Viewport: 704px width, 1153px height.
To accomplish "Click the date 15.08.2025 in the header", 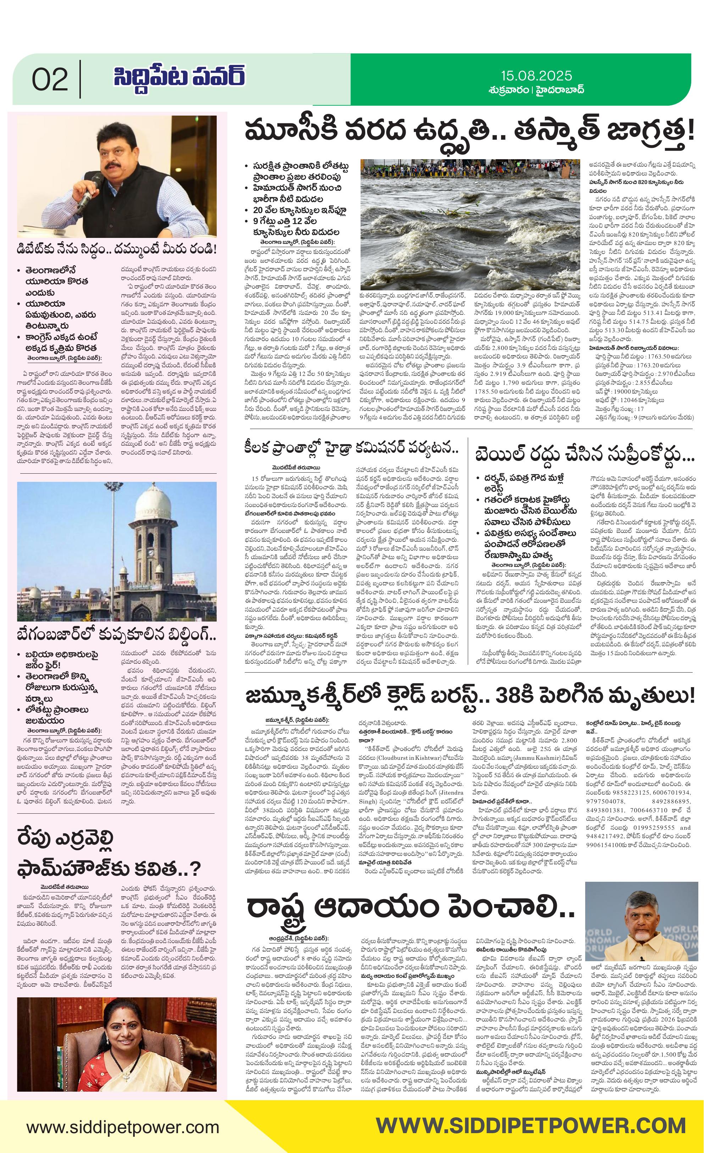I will pos(536,76).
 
